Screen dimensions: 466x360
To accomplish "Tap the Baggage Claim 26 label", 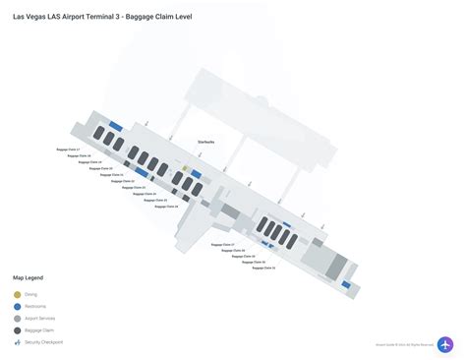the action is [x=165, y=207].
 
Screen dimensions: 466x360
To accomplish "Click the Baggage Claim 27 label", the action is [x=225, y=244].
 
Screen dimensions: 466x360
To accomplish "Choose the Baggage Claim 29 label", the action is [x=244, y=256].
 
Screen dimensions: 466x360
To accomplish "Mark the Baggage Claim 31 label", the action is [x=262, y=268].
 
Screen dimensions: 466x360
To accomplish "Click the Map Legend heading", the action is [x=29, y=279].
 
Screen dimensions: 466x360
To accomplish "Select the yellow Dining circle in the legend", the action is [x=18, y=295].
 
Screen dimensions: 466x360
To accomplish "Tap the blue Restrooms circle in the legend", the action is [x=18, y=307].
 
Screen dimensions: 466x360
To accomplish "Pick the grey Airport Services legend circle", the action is [x=18, y=319].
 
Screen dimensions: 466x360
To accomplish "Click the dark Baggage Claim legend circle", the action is [x=18, y=330].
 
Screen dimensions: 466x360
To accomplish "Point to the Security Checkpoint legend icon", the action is [x=18, y=342].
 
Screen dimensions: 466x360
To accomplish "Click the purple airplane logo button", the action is [x=445, y=345].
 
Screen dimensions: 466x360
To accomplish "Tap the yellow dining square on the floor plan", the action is [x=185, y=169].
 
